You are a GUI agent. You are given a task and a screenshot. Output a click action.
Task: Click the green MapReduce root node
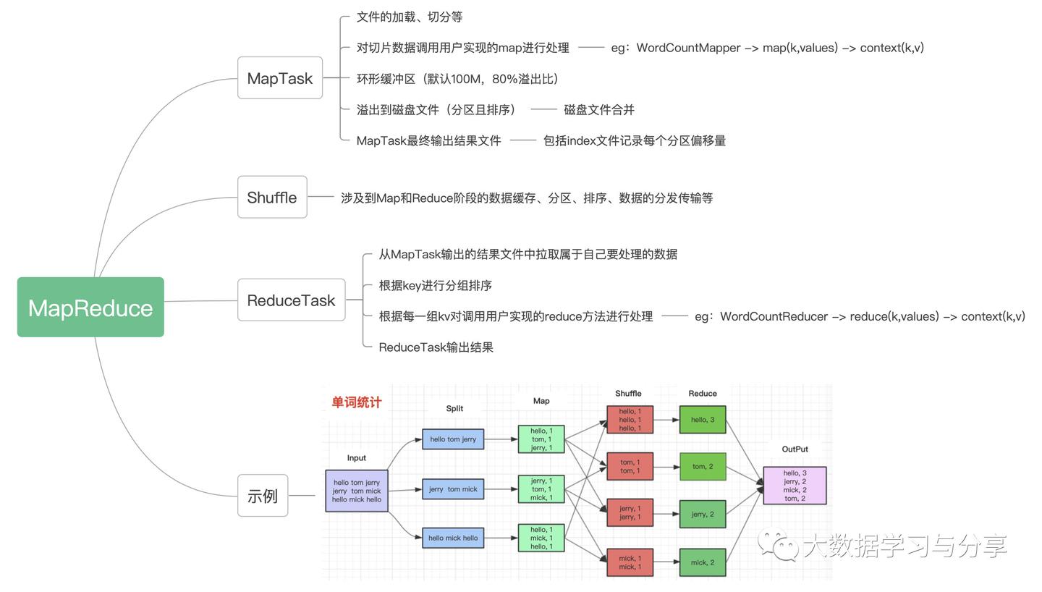tap(90, 307)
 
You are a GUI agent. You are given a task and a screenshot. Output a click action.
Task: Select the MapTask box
tap(280, 78)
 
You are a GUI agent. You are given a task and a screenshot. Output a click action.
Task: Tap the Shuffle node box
tap(272, 197)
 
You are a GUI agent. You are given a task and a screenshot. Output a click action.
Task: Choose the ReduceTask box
tap(291, 300)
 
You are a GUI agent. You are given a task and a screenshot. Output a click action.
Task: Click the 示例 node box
tap(263, 496)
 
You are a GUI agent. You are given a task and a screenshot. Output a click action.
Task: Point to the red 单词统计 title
tap(356, 402)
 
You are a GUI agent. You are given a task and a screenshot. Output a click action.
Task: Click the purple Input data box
tap(357, 491)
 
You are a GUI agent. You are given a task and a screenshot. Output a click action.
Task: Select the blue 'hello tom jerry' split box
tap(453, 439)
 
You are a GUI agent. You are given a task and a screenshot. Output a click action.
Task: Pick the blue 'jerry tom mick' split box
tap(453, 489)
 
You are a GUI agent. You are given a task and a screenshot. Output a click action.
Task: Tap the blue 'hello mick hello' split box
tap(453, 538)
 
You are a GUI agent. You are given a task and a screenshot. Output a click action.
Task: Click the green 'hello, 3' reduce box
tap(702, 420)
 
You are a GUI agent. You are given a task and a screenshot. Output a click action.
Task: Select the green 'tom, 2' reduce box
tap(702, 467)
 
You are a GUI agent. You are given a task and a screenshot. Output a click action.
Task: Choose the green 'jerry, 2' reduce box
tap(702, 514)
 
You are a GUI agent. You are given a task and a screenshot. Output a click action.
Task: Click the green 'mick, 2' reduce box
tap(702, 562)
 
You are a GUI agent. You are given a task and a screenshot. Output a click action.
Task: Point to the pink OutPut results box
tap(795, 486)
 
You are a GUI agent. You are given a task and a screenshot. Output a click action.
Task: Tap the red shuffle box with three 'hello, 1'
tap(630, 420)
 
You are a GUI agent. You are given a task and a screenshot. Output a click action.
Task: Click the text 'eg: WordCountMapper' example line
tap(767, 48)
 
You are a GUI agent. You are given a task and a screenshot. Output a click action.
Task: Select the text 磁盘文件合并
tap(599, 110)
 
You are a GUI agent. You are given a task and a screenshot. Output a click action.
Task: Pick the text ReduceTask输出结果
tap(436, 347)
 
